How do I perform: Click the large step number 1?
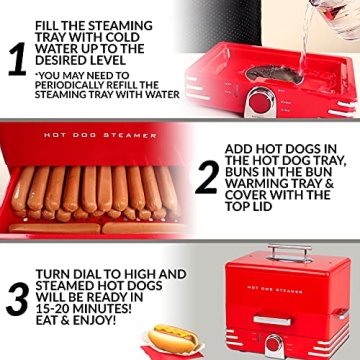(16, 59)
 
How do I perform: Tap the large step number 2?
(207, 177)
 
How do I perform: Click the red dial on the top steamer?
(261, 101)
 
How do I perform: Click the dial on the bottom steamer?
(273, 342)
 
